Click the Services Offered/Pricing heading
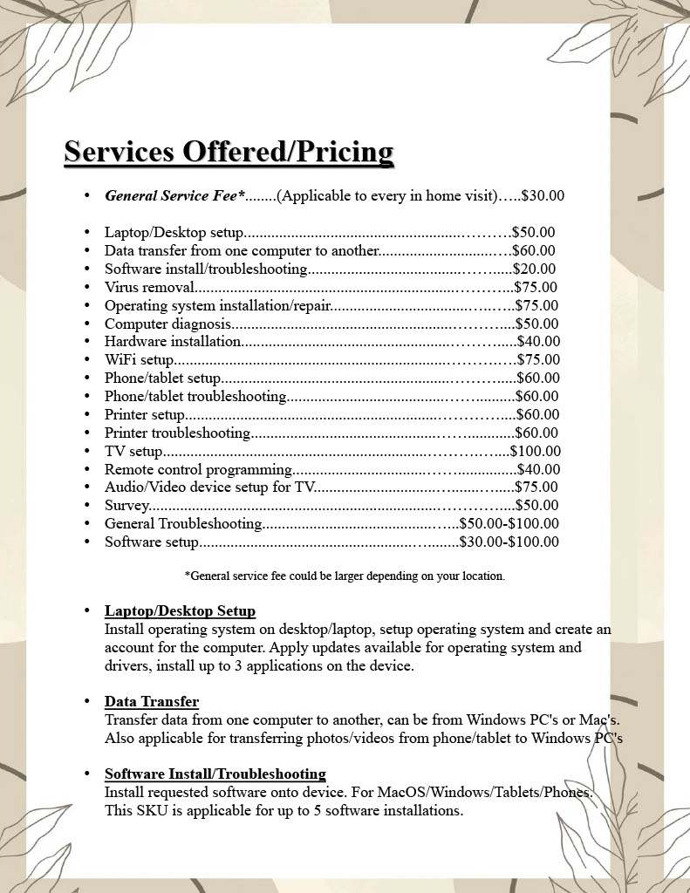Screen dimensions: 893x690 [229, 151]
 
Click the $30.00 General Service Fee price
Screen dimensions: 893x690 [543, 195]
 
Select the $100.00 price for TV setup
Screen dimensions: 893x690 [536, 451]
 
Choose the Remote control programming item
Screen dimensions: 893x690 [198, 469]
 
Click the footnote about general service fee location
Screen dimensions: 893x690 [345, 576]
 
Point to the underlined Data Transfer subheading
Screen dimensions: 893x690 [152, 701]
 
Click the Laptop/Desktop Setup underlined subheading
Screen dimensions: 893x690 [180, 610]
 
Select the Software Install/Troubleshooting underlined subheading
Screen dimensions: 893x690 [215, 774]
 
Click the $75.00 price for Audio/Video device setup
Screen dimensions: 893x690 [536, 487]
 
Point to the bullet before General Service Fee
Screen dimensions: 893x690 [87, 195]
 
